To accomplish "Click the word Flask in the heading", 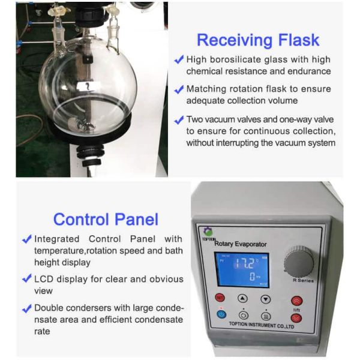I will (298, 41).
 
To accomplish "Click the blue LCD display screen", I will (242, 268).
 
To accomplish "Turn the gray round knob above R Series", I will (298, 262).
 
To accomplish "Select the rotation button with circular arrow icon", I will (243, 314).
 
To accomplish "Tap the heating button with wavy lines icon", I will (265, 314).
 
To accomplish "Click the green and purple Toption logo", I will (208, 231).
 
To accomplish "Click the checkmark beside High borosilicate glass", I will (178, 59).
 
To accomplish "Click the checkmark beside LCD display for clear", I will (26, 278).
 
